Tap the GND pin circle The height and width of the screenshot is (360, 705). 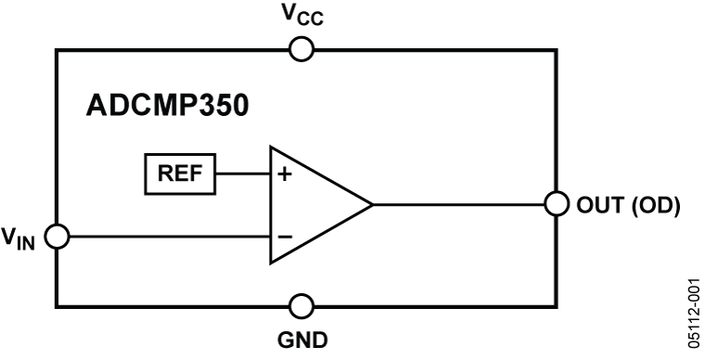[301, 304]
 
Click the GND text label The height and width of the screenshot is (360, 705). [302, 341]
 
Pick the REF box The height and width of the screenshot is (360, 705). [179, 173]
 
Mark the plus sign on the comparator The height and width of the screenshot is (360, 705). [285, 173]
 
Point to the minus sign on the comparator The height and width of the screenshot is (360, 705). [285, 236]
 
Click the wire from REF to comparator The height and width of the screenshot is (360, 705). [241, 173]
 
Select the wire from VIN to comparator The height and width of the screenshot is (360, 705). [167, 236]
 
